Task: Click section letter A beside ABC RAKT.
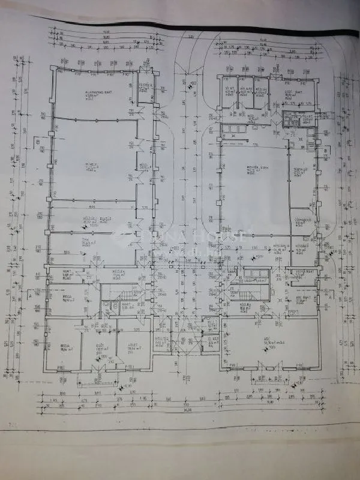(x=329, y=295)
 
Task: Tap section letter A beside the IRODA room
(x=29, y=295)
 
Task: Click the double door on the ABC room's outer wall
(x=259, y=364)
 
